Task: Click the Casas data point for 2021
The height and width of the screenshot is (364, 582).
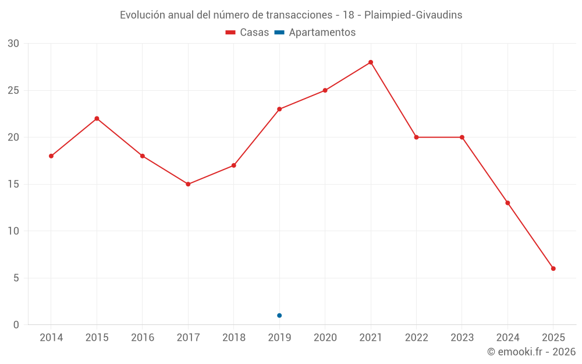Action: click(x=371, y=62)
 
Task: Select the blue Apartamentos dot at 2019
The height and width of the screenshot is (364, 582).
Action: click(x=279, y=316)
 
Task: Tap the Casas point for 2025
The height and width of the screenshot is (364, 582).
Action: click(x=553, y=268)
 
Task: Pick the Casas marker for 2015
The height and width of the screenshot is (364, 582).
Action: click(x=97, y=119)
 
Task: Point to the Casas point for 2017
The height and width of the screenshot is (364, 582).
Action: click(x=188, y=184)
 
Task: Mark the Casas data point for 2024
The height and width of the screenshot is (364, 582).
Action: click(x=508, y=203)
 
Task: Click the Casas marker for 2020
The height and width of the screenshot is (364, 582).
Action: click(x=325, y=90)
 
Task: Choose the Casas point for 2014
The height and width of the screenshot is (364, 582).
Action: click(x=51, y=156)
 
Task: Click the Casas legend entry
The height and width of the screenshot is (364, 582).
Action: click(x=247, y=33)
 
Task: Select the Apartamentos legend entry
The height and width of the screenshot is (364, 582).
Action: click(x=315, y=33)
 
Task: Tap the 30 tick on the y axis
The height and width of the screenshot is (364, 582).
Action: click(x=13, y=44)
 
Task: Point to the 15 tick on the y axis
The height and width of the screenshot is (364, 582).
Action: click(x=13, y=184)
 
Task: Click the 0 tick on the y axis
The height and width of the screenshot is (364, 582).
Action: click(x=16, y=325)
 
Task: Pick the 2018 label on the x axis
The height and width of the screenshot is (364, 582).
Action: click(x=233, y=338)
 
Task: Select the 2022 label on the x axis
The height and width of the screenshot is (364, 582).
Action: click(x=416, y=338)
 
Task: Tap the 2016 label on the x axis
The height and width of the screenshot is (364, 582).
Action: click(x=143, y=338)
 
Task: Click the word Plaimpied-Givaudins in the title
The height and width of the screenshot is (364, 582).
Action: click(x=413, y=15)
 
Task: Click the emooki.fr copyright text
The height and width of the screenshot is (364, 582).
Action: click(x=531, y=352)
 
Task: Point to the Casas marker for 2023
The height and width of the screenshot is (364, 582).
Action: click(x=462, y=137)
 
